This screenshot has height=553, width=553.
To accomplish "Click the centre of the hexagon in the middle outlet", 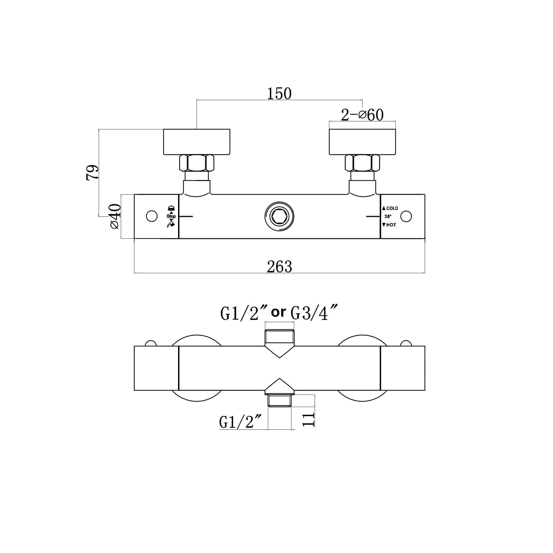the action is (279, 216).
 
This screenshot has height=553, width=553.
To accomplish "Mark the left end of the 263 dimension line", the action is (134, 273).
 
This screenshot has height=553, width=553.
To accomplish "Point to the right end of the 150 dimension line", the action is (362, 100).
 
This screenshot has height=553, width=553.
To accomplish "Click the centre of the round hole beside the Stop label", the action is (152, 216).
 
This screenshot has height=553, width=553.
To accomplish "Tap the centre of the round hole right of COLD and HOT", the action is (406, 216).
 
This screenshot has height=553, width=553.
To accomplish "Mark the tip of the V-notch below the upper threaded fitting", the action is (279, 358).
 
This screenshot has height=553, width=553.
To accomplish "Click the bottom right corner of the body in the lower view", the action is (425, 390).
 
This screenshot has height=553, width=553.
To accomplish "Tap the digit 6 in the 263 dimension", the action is (279, 267).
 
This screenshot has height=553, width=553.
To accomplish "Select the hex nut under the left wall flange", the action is (197, 163).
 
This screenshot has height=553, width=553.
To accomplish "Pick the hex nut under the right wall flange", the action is (362, 163).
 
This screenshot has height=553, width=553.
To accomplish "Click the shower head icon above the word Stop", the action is (171, 208).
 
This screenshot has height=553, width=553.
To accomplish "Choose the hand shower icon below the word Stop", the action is (171, 225).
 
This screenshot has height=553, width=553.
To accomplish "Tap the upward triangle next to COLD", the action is (384, 208).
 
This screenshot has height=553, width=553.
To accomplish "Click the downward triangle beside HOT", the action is (384, 225).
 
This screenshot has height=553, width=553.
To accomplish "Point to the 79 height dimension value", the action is (92, 172).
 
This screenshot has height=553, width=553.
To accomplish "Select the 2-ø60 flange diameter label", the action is (362, 115).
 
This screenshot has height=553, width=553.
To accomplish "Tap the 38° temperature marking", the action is (388, 216).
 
